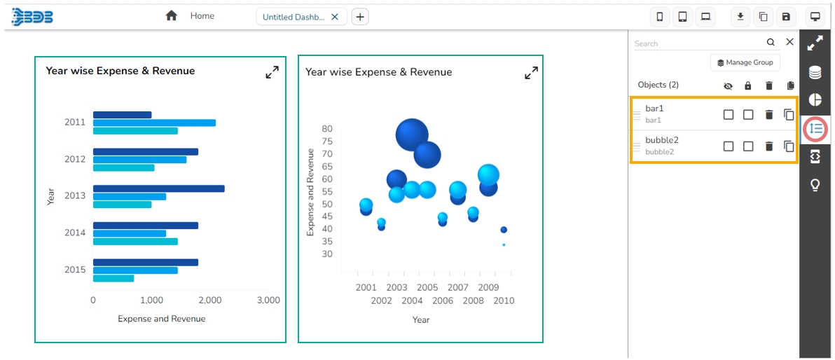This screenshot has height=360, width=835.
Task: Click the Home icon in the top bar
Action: click(x=172, y=15)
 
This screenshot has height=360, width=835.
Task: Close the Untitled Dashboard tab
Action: click(x=335, y=17)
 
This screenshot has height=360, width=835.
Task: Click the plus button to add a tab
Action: click(x=360, y=17)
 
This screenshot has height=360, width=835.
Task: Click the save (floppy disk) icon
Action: click(x=786, y=17)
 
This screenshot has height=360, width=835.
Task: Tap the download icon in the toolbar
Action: click(x=740, y=17)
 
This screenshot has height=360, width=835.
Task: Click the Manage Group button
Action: click(x=745, y=62)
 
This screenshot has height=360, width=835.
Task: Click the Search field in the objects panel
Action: click(x=698, y=43)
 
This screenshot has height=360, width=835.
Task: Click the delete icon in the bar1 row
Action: click(x=769, y=114)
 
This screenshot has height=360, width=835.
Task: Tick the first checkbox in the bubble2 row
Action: click(x=729, y=146)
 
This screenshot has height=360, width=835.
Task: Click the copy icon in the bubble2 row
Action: click(x=789, y=146)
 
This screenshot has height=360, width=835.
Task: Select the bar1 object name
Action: click(x=654, y=109)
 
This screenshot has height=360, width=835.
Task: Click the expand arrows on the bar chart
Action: click(x=272, y=72)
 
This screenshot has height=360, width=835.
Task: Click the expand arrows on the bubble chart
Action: click(x=532, y=73)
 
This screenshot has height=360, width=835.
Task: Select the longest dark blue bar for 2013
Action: click(x=158, y=188)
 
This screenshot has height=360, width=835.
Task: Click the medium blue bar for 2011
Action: click(x=154, y=123)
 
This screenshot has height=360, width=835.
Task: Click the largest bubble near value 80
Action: click(x=412, y=134)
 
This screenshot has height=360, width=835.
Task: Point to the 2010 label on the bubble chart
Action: click(x=504, y=301)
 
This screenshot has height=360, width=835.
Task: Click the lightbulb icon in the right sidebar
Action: click(x=815, y=185)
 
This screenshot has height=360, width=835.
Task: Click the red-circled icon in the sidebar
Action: click(x=815, y=129)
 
